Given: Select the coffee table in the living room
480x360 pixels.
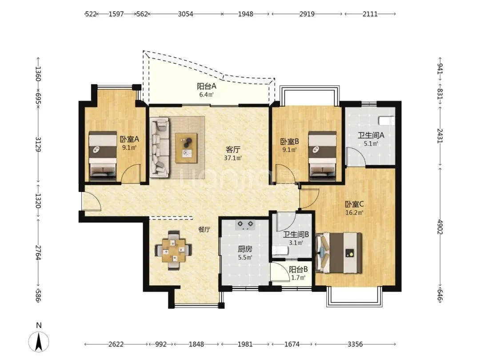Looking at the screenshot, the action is click(x=186, y=148).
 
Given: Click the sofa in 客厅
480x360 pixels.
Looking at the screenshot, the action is click(x=160, y=148).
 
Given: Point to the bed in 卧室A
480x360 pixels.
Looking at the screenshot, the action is click(x=103, y=156).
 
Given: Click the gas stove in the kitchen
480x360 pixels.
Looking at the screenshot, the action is click(x=245, y=225).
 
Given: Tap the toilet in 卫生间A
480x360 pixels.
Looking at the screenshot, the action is click(x=387, y=120).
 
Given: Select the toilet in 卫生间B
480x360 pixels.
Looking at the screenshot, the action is click(x=280, y=251).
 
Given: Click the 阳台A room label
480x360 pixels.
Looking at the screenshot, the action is click(x=207, y=86).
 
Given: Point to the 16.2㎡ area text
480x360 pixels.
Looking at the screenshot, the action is click(x=354, y=212).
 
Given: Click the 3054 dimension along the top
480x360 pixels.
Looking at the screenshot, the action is click(x=185, y=14).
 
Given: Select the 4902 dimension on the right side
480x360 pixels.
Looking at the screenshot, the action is click(x=440, y=227).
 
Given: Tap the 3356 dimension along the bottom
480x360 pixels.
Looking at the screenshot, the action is click(x=355, y=344).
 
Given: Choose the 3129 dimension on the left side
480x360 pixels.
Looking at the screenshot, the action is click(x=38, y=144).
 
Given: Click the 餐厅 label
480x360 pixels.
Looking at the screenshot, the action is click(x=204, y=229).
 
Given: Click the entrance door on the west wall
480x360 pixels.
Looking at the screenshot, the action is click(x=91, y=201).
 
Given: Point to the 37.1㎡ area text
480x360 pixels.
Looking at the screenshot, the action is click(x=233, y=158).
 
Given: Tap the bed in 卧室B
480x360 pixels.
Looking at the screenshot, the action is click(x=322, y=156).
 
